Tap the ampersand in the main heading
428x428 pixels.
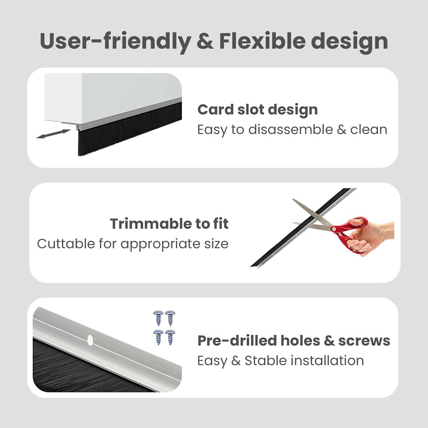(204, 41)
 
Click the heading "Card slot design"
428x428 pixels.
(257, 110)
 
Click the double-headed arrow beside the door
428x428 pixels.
(53, 134)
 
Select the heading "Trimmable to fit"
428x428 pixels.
(169, 224)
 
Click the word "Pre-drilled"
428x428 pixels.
(237, 341)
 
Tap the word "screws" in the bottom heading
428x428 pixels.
(364, 341)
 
